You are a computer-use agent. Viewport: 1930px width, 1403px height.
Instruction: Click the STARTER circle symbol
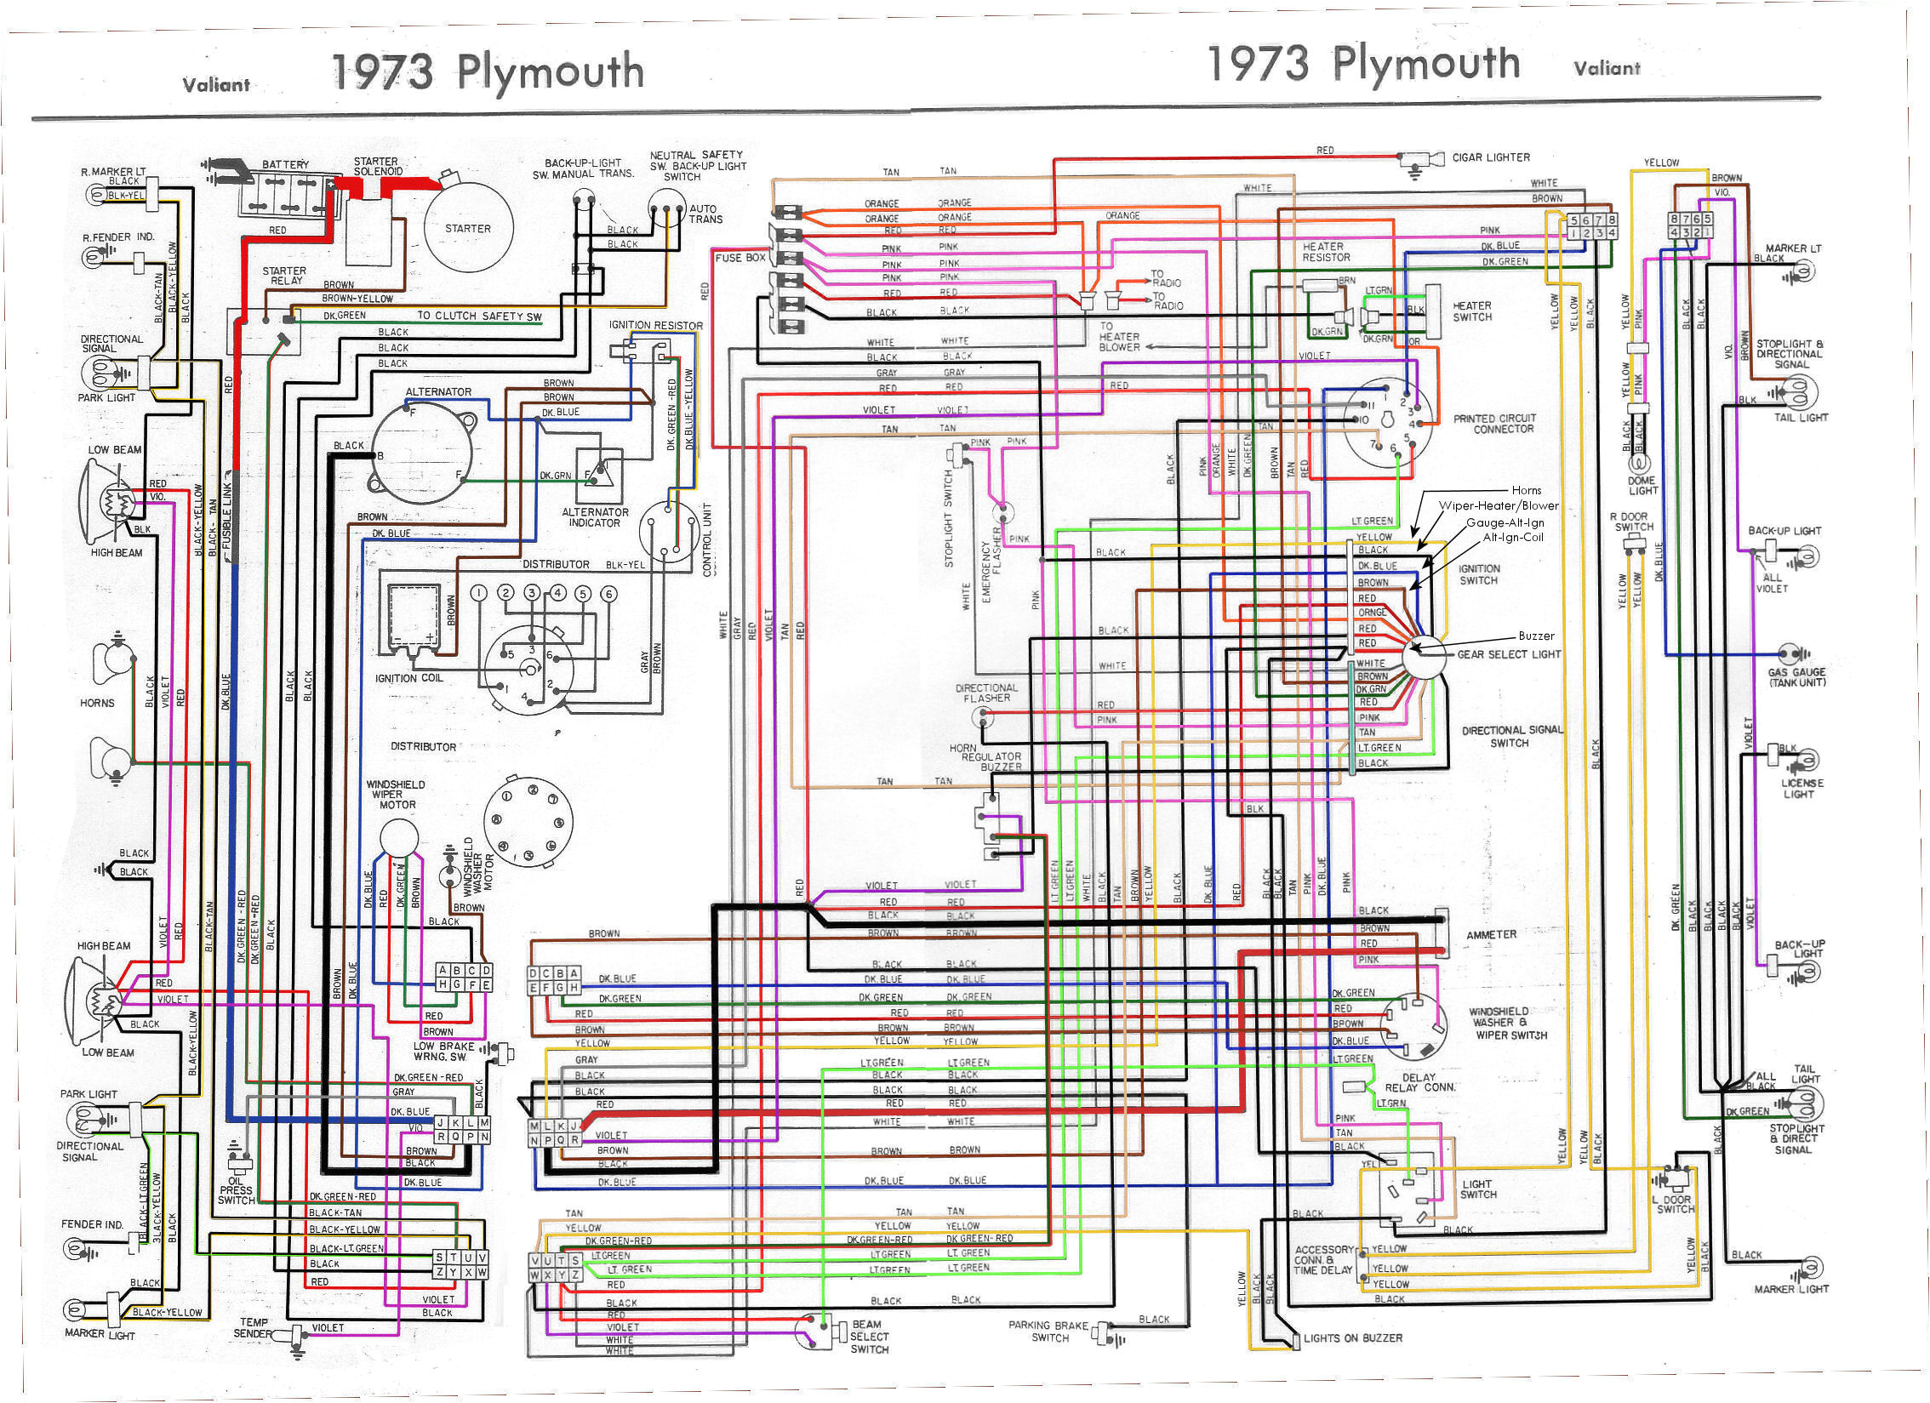click(x=467, y=228)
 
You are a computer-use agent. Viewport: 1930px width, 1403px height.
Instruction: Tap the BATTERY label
click(x=285, y=164)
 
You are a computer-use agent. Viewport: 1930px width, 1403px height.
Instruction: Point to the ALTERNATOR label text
click(x=438, y=391)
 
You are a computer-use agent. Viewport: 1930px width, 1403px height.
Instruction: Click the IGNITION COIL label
click(x=408, y=678)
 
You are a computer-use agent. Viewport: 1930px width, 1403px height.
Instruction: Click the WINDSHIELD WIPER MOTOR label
click(x=396, y=794)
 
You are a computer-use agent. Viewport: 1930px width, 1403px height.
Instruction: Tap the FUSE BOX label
click(x=739, y=257)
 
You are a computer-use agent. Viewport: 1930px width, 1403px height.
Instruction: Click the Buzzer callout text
click(x=1536, y=636)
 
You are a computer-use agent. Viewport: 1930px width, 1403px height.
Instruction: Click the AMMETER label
click(x=1491, y=934)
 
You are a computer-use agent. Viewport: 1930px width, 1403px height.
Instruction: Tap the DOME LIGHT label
click(x=1642, y=485)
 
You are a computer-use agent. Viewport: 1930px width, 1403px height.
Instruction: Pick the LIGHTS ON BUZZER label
click(x=1353, y=1338)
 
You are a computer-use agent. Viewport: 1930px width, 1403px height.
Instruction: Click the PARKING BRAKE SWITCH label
click(x=1049, y=1332)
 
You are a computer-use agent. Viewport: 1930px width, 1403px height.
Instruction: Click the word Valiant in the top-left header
click(x=216, y=84)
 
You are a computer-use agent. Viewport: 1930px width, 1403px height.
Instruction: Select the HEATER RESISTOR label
click(x=1326, y=252)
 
